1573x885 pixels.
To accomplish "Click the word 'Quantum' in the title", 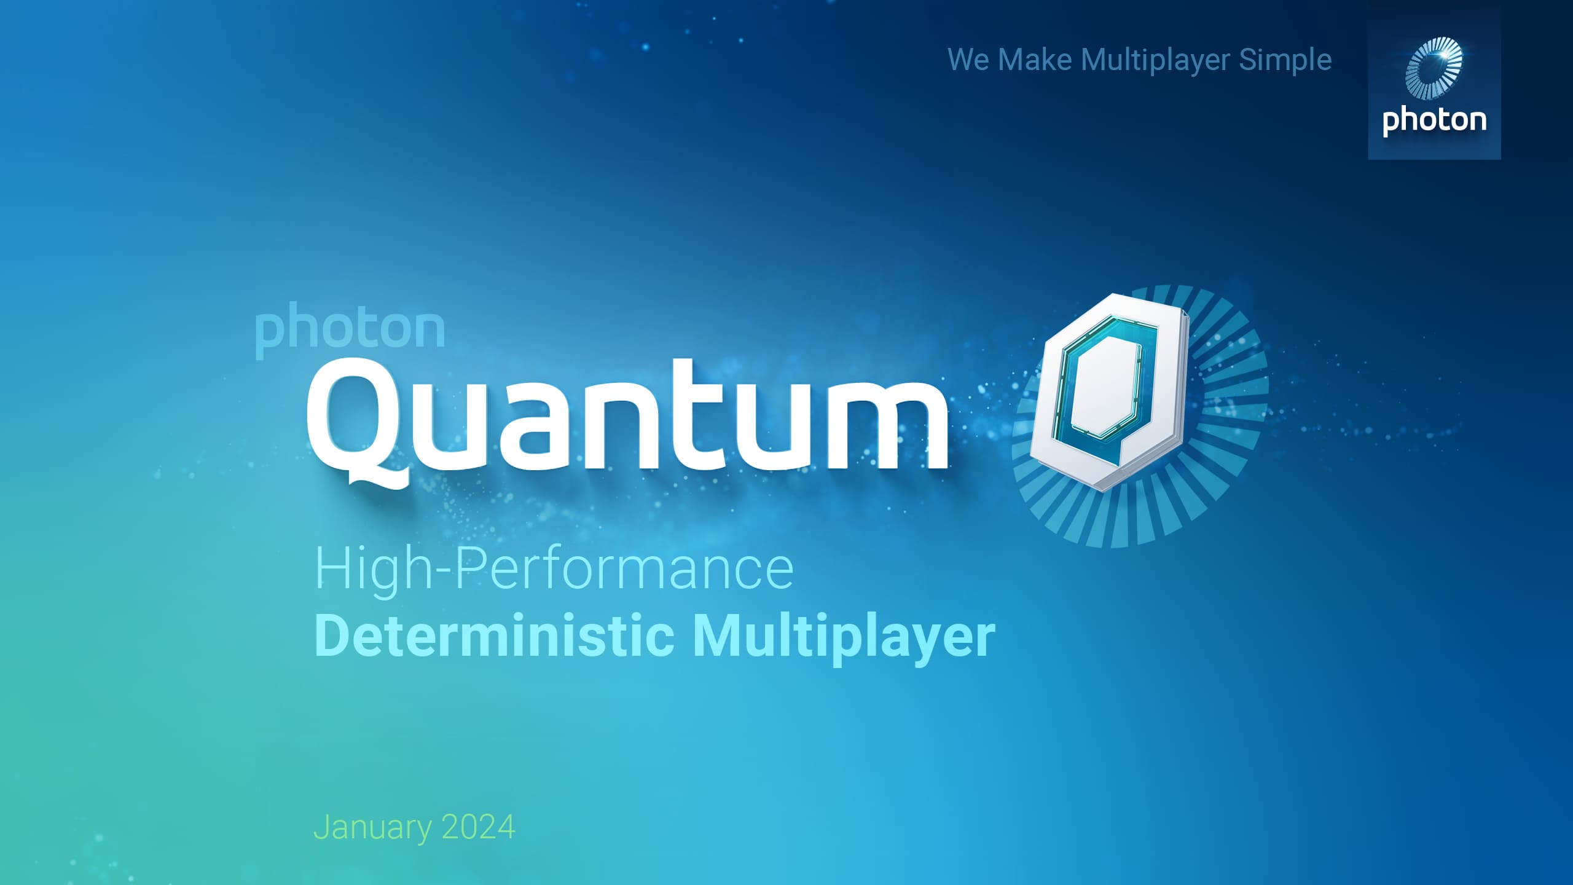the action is coord(627,418).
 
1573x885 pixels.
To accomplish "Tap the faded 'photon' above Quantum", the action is coord(350,329).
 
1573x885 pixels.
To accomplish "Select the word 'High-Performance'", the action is coord(554,570).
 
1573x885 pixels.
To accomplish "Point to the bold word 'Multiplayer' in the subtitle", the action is coord(844,639).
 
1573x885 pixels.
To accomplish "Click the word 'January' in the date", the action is coord(372,828).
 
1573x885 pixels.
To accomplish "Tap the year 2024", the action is coord(478,827).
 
